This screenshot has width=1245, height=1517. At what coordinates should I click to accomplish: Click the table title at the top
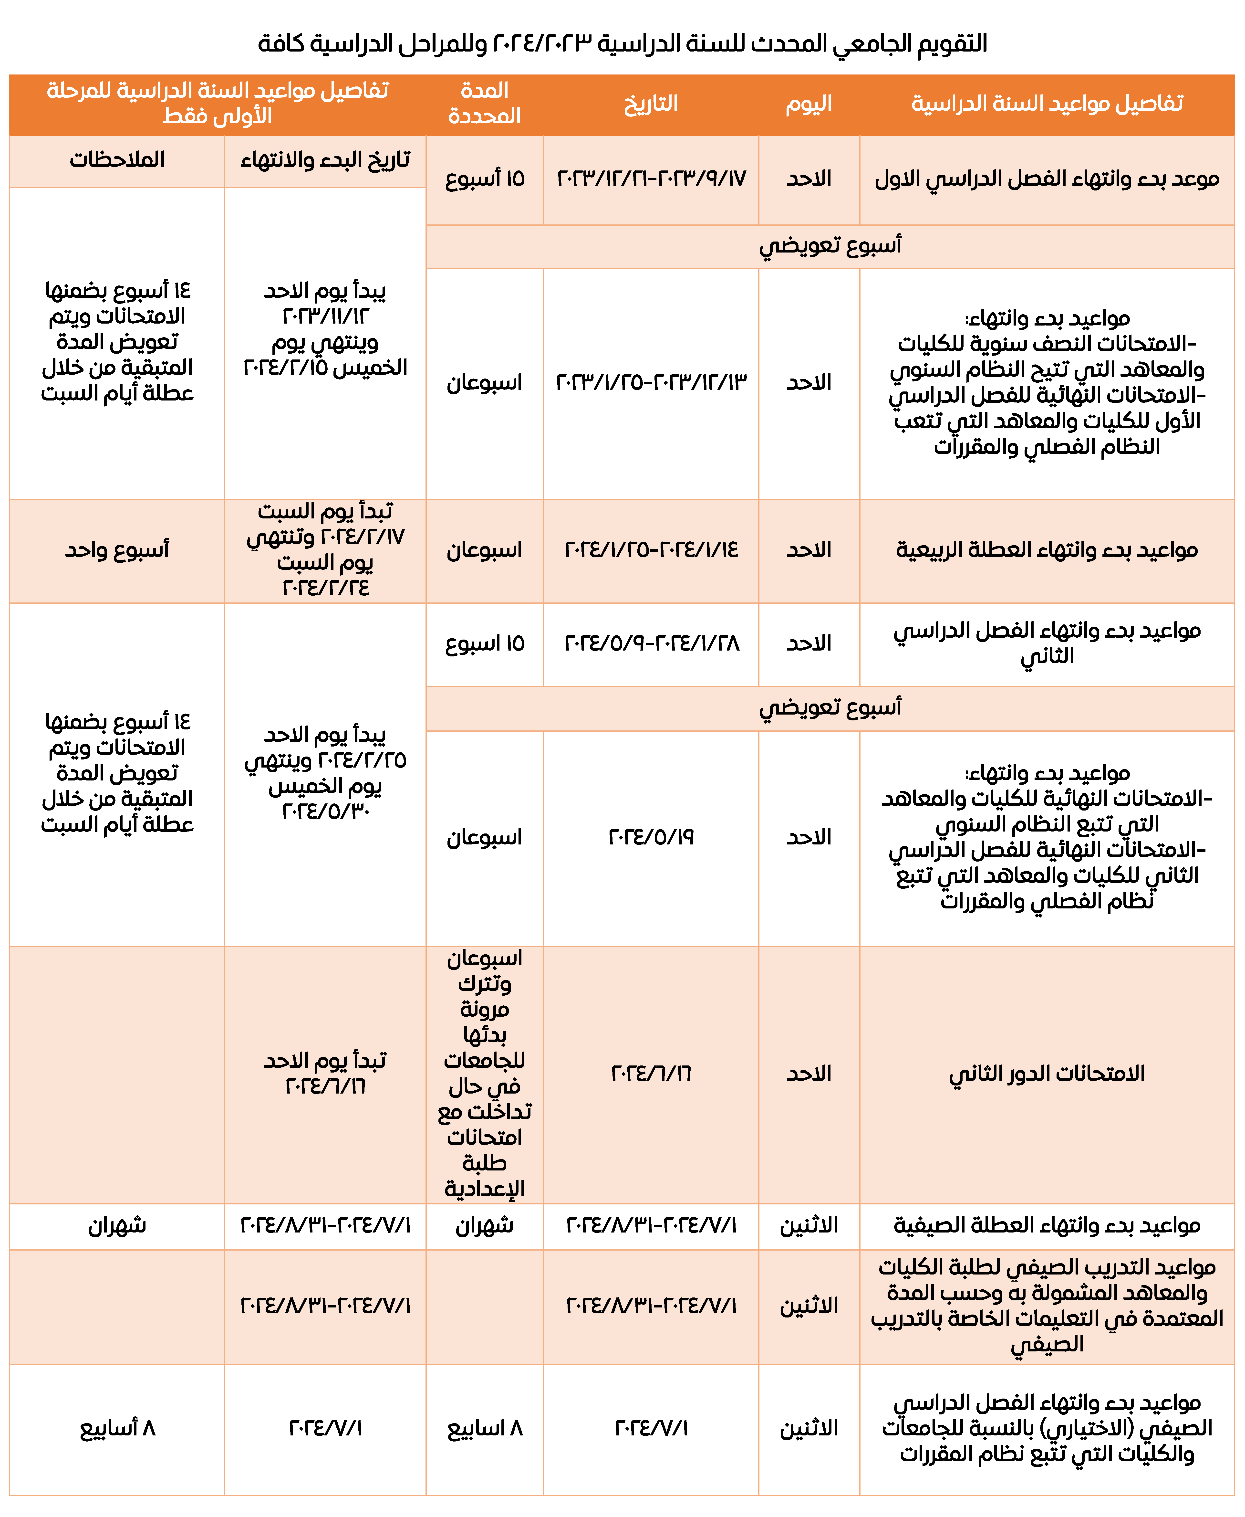pyautogui.click(x=622, y=44)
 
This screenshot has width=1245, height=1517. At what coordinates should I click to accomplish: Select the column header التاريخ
pyautogui.click(x=651, y=104)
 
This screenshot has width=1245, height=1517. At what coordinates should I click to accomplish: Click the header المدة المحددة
pyautogui.click(x=484, y=104)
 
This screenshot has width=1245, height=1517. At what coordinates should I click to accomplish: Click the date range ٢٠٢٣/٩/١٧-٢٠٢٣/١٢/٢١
pyautogui.click(x=651, y=179)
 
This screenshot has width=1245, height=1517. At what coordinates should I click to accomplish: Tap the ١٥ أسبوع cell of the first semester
pyautogui.click(x=485, y=179)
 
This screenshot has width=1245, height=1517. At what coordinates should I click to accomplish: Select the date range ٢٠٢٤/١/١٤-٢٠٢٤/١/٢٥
pyautogui.click(x=651, y=550)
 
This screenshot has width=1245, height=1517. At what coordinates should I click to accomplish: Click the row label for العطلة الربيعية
pyautogui.click(x=1046, y=550)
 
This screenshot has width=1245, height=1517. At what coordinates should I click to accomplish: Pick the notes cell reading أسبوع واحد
pyautogui.click(x=117, y=550)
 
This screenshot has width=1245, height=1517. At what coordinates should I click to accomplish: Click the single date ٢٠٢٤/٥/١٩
pyautogui.click(x=651, y=837)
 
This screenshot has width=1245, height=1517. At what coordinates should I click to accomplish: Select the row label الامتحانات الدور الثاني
pyautogui.click(x=1046, y=1074)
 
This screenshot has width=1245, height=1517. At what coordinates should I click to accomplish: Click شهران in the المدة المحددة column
pyautogui.click(x=485, y=1226)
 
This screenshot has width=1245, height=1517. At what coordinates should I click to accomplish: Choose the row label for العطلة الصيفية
pyautogui.click(x=1046, y=1226)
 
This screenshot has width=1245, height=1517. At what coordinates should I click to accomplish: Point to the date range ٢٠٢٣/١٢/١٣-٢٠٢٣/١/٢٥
pyautogui.click(x=651, y=382)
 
